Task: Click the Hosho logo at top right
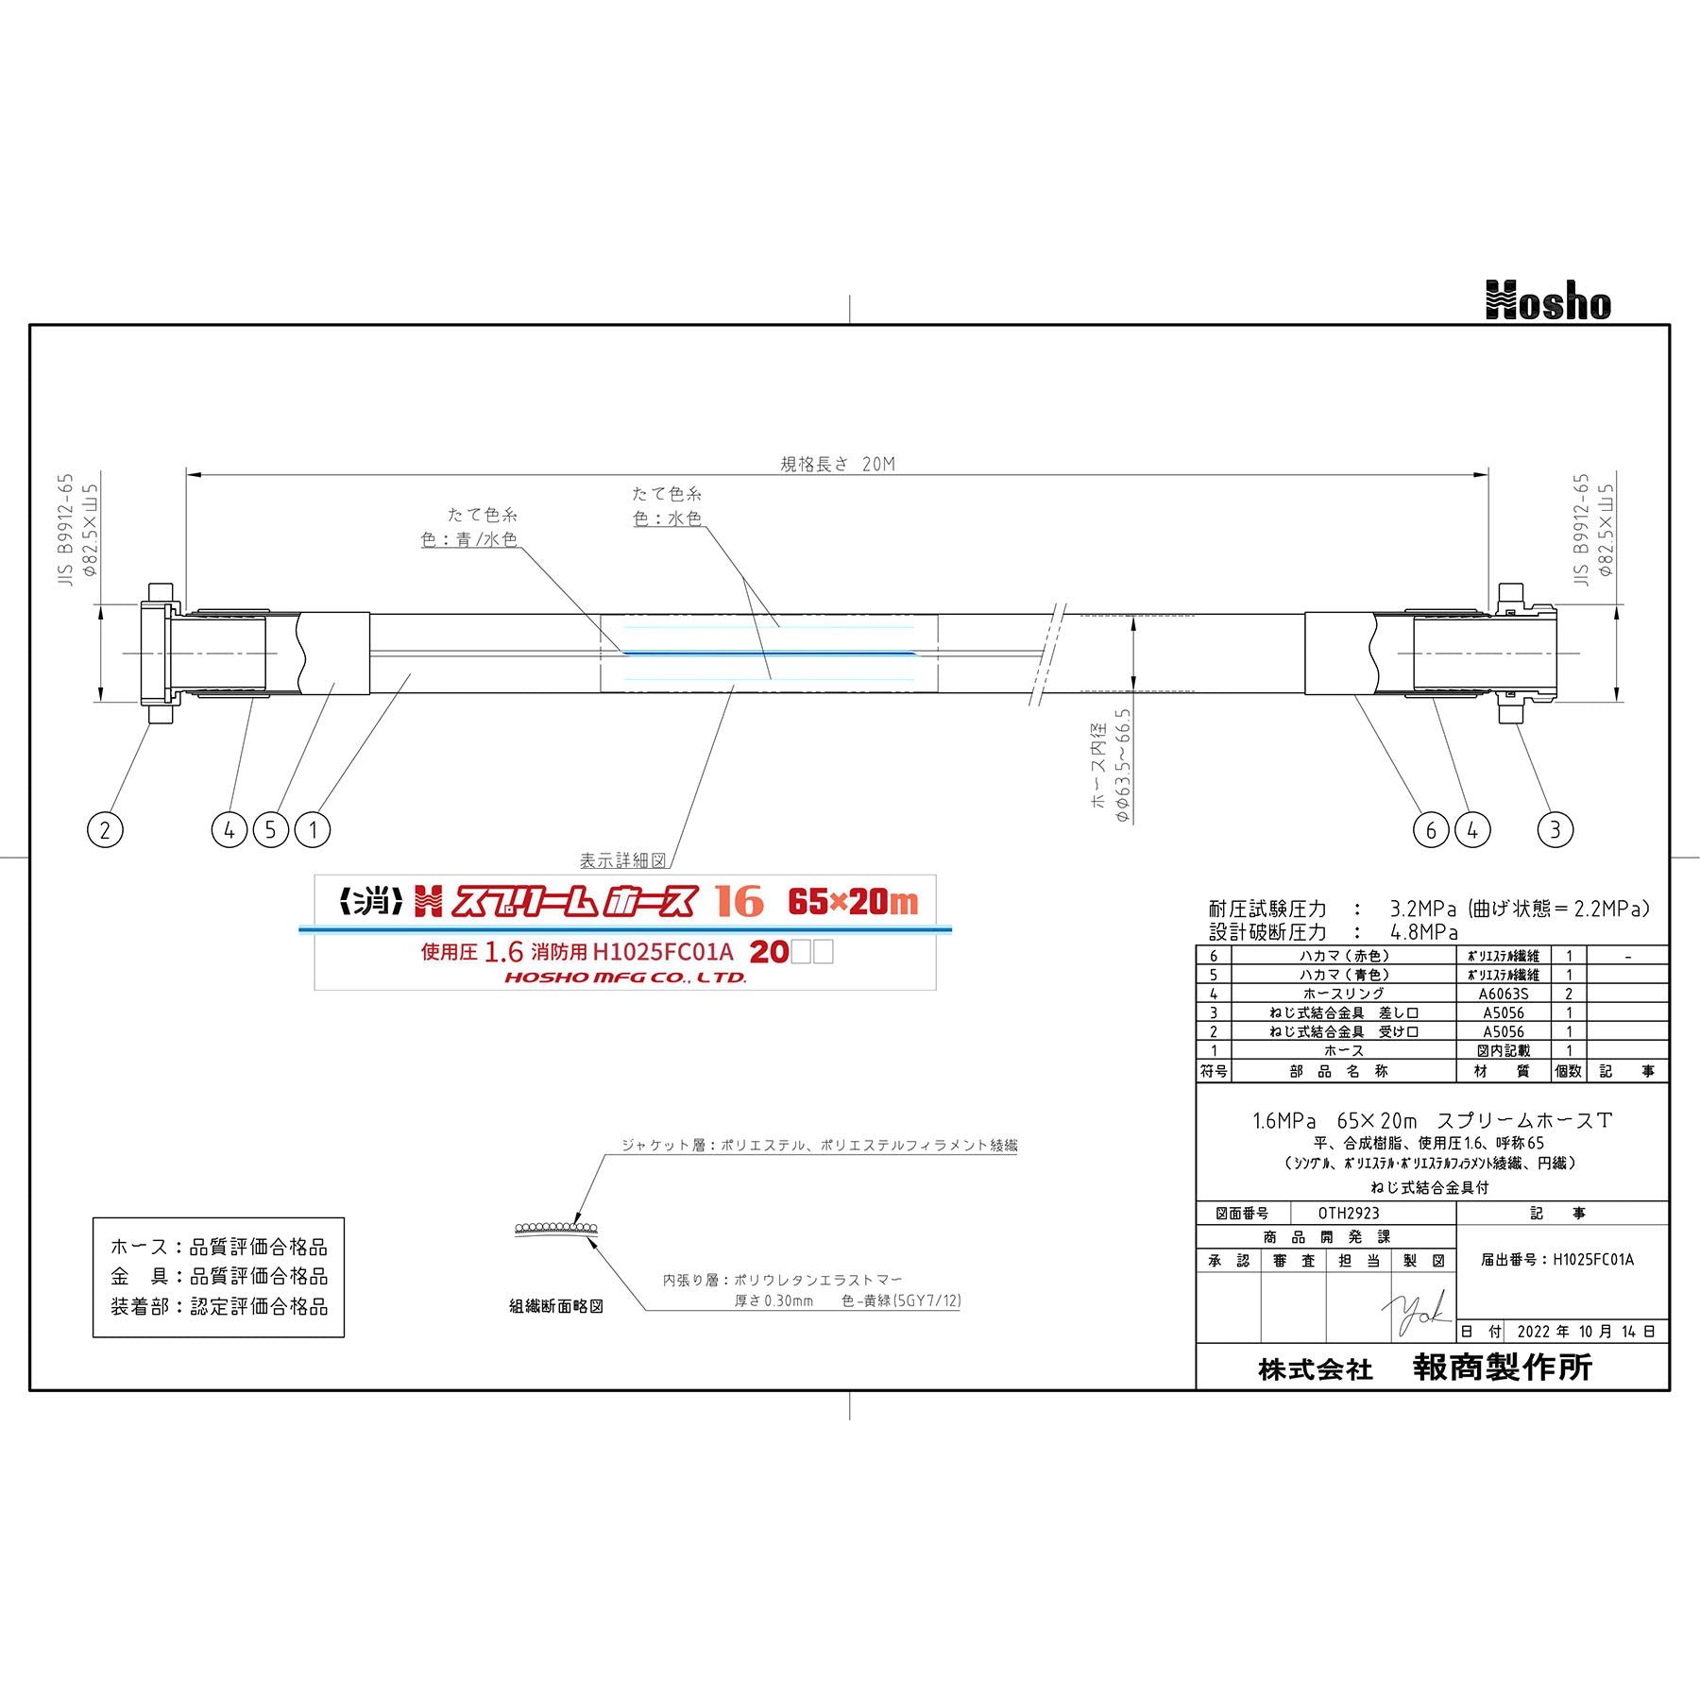[x=1548, y=301]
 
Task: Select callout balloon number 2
[x=105, y=830]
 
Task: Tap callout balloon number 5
[x=271, y=830]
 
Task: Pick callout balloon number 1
[x=313, y=830]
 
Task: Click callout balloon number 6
[x=1431, y=830]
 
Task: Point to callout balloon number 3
[x=1555, y=830]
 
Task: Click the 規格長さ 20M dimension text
[x=838, y=464]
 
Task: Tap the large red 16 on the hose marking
[x=739, y=901]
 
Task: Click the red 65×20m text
[x=853, y=902]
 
